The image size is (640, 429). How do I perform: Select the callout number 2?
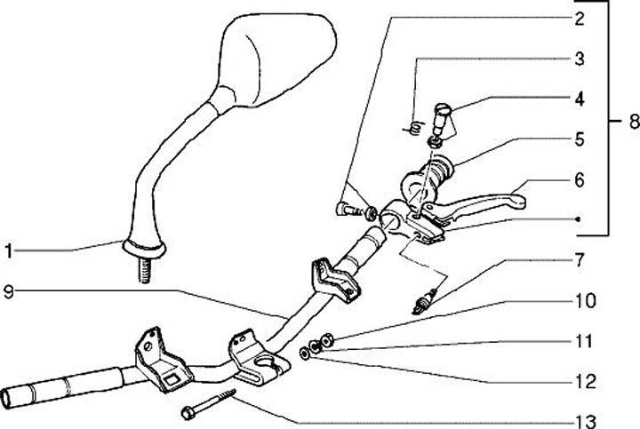pos(579,18)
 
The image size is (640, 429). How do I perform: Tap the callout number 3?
pos(579,60)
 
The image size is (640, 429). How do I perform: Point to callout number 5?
pos(579,139)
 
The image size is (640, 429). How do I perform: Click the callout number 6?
pos(579,179)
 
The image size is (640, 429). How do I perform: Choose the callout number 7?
pos(579,260)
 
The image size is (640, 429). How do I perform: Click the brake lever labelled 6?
pos(480,200)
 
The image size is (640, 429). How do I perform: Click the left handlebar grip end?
pos(36,392)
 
